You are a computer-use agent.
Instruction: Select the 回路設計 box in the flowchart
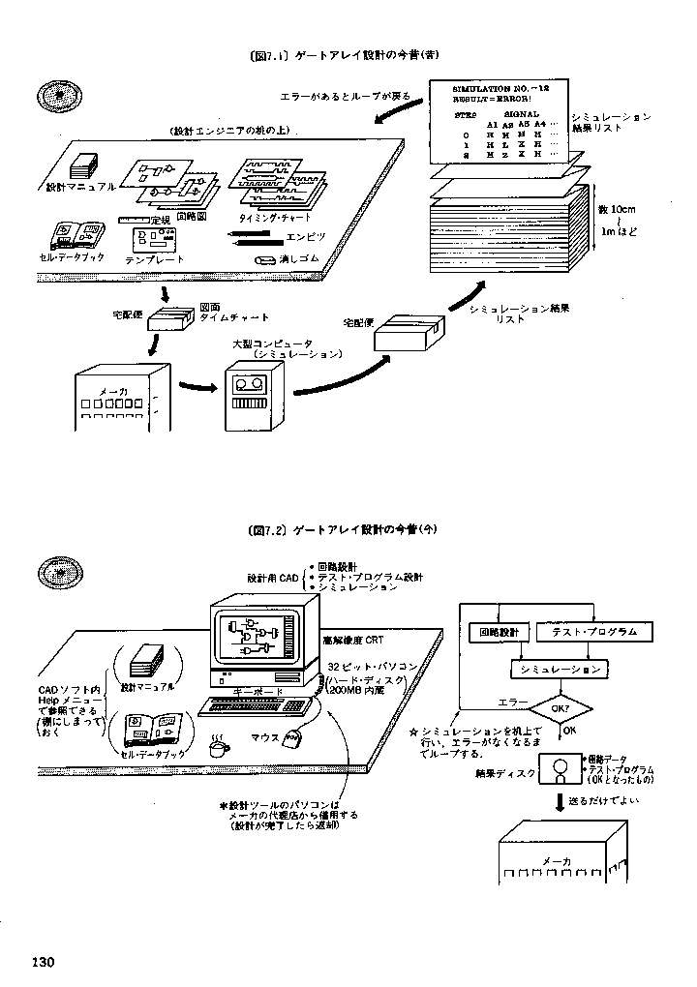pos(500,632)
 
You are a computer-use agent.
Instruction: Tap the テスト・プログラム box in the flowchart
pos(593,632)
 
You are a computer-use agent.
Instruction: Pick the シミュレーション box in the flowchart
pos(557,669)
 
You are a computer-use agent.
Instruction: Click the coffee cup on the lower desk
pos(219,747)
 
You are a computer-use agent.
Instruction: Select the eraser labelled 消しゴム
pos(265,260)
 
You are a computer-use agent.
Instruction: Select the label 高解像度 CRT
pos(352,641)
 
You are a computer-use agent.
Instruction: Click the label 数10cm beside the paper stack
pos(615,208)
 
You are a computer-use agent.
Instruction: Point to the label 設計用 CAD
pos(274,577)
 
